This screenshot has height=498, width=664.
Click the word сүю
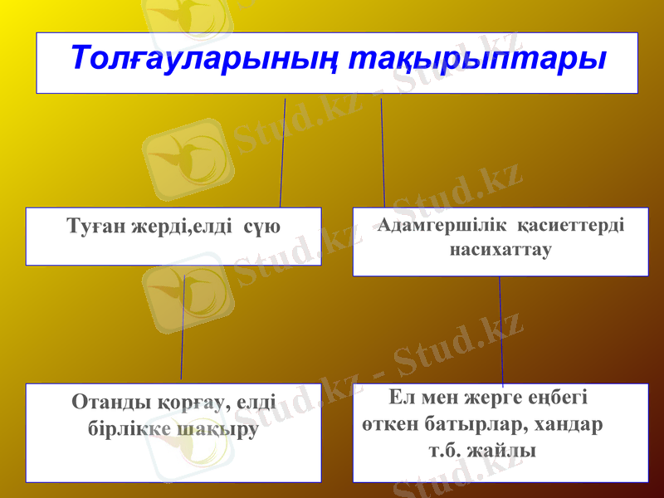click(263, 226)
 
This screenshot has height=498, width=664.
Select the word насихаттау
click(500, 248)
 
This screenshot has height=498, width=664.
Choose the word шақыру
click(217, 431)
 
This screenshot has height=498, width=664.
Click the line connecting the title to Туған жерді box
click(282, 154)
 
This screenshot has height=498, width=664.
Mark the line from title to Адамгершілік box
click(383, 154)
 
